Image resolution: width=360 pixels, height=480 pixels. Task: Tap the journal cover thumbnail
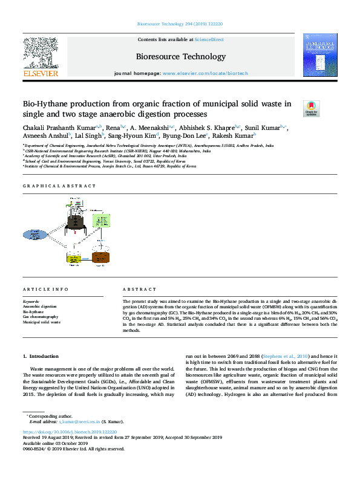pyautogui.click(x=319, y=55)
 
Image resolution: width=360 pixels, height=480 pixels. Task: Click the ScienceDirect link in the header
pyautogui.click(x=209, y=39)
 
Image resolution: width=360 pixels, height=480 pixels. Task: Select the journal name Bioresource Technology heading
pyautogui.click(x=180, y=56)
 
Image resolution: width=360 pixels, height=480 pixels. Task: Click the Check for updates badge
pyautogui.click(x=311, y=108)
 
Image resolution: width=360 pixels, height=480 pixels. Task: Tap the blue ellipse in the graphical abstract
pyautogui.click(x=43, y=235)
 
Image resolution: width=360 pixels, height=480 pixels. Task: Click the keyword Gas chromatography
pyautogui.click(x=41, y=317)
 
